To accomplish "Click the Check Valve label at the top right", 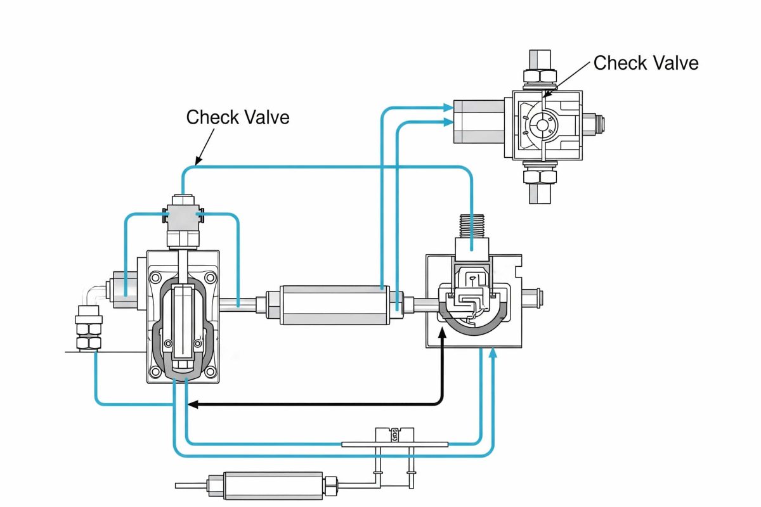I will (646, 63).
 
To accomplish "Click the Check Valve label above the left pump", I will (238, 117).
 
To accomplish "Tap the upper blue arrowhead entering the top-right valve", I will (448, 108).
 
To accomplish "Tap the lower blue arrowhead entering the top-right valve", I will (448, 123).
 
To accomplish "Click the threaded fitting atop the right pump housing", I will (472, 225).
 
